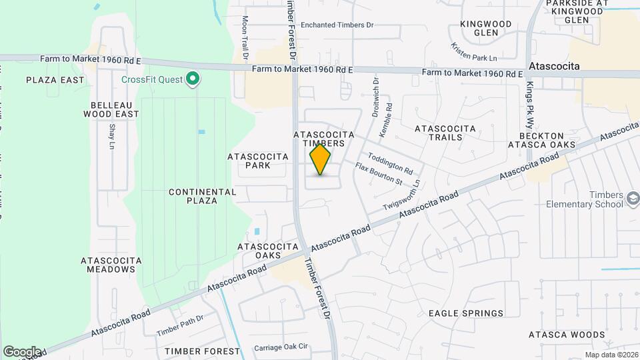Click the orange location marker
(321, 160)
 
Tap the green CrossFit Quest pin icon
(193, 80)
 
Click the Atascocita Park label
(258, 161)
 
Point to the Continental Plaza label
(202, 196)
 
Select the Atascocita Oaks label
(268, 251)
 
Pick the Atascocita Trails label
(445, 133)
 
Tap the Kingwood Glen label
(486, 28)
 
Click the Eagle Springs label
(465, 313)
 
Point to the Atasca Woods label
(566, 335)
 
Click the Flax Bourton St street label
(379, 174)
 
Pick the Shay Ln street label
(111, 137)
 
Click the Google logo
(22, 351)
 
